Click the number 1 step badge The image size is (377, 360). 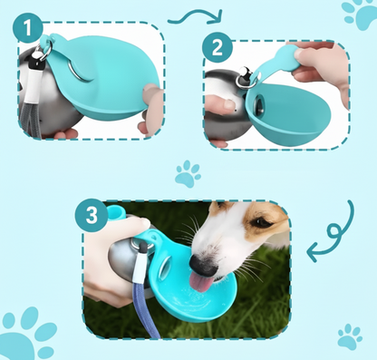pos(27,28)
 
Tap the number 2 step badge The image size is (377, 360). pos(217,48)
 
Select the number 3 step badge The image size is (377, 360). pos(92,215)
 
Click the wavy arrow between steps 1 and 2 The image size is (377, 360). pos(196,16)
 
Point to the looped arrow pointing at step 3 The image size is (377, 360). pos(335,233)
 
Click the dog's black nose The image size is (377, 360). pos(203,265)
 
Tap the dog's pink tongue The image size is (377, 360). pos(200,282)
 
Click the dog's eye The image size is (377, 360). pos(261,222)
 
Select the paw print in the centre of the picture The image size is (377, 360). pos(188,174)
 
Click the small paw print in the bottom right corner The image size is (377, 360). pos(350,337)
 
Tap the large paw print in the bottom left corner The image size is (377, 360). pos(25,334)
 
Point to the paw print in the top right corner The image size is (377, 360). pos(361,14)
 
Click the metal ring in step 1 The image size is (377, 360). pos(45,52)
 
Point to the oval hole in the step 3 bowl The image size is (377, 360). pos(165,267)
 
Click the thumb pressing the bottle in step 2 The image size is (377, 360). pos(221,104)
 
